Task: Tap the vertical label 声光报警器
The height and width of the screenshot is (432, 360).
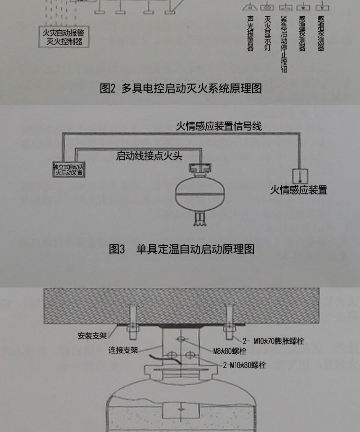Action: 250,34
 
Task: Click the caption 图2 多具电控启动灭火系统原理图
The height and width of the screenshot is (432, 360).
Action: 180,88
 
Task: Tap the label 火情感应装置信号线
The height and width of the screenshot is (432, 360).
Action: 218,126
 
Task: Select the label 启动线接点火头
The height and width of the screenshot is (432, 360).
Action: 149,156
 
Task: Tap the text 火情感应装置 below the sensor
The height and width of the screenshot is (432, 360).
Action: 298,190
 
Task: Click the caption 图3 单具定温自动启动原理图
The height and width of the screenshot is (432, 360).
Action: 181,249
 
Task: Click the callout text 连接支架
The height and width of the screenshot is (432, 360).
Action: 123,350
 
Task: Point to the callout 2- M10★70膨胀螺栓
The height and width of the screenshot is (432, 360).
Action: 273,341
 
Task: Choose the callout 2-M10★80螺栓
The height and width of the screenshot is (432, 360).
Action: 244,365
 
